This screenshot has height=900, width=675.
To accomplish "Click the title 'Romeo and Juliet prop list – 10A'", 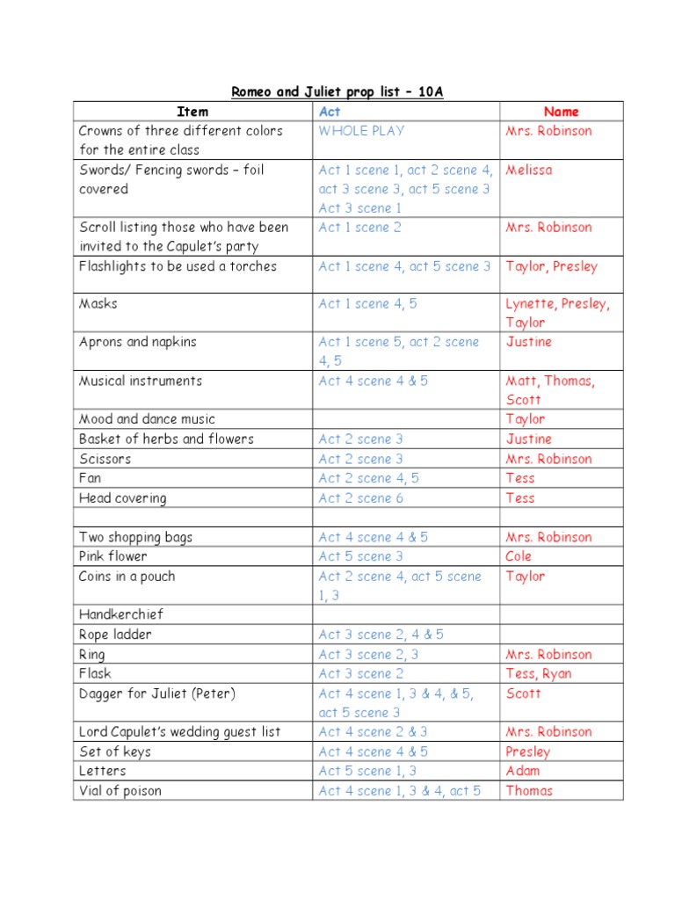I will coord(337,91).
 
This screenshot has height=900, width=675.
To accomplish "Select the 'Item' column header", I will coord(192,112).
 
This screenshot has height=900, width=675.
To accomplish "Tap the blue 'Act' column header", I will coord(330,112).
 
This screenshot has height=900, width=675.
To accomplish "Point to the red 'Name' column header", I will coord(561,112).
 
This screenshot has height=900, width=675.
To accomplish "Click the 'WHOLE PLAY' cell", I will coord(361,131).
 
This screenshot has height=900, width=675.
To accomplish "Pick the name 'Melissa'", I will coord(529,170).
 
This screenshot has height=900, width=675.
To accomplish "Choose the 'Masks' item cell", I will coord(98,303).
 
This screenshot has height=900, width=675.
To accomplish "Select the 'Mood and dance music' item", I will coord(147,419).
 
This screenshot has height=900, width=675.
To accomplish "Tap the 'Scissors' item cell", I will coord(105,459).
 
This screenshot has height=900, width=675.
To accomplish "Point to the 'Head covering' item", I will coord(122,498).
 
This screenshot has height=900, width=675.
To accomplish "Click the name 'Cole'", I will coord(519,556).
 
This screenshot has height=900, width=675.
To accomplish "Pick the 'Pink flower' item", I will coord(113,556).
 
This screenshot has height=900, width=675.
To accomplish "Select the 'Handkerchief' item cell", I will coord(121,614).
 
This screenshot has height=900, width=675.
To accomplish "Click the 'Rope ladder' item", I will coord(115,635).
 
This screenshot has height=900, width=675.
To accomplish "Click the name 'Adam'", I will coord(523,771).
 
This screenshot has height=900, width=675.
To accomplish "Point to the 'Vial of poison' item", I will coord(120,790).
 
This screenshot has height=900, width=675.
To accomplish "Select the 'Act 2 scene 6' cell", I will coord(360,498).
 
